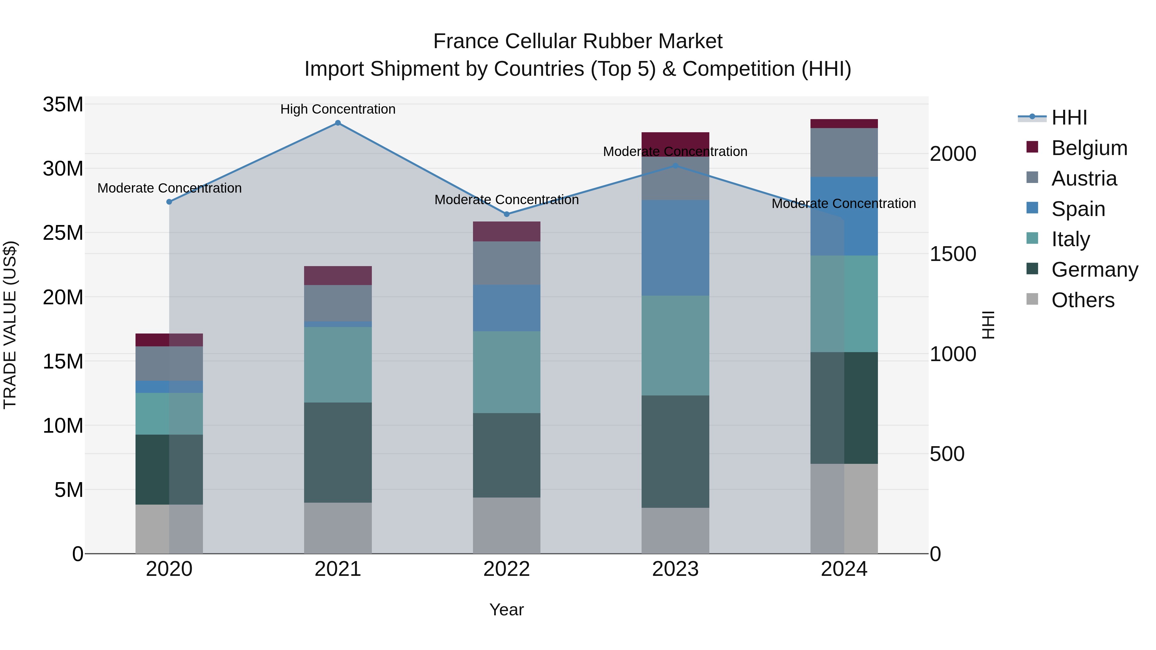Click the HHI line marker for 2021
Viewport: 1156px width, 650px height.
[x=338, y=123]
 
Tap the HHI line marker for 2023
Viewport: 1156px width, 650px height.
[x=675, y=166]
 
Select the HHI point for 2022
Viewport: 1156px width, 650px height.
[x=507, y=214]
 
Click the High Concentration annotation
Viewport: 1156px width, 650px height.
[x=338, y=109]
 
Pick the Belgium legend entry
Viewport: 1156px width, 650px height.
[x=1089, y=148]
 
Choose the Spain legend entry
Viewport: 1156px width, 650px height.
[x=1078, y=209]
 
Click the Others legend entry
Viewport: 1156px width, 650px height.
[x=1082, y=300]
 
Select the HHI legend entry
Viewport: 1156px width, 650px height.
[x=1069, y=117]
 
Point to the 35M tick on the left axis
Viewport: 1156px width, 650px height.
[x=63, y=105]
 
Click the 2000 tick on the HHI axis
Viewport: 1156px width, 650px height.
[x=953, y=154]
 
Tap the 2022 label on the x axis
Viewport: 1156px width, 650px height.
[x=507, y=569]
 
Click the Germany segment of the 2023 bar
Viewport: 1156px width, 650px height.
[x=675, y=451]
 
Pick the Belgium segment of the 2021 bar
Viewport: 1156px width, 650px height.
[x=338, y=275]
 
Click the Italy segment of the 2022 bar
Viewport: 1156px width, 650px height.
[x=507, y=372]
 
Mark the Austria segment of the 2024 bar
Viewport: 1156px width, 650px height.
[x=844, y=152]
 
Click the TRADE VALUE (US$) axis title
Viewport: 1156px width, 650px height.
[x=10, y=325]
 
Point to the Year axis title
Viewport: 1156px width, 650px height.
[x=507, y=610]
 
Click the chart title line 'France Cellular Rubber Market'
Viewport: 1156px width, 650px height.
[x=578, y=41]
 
